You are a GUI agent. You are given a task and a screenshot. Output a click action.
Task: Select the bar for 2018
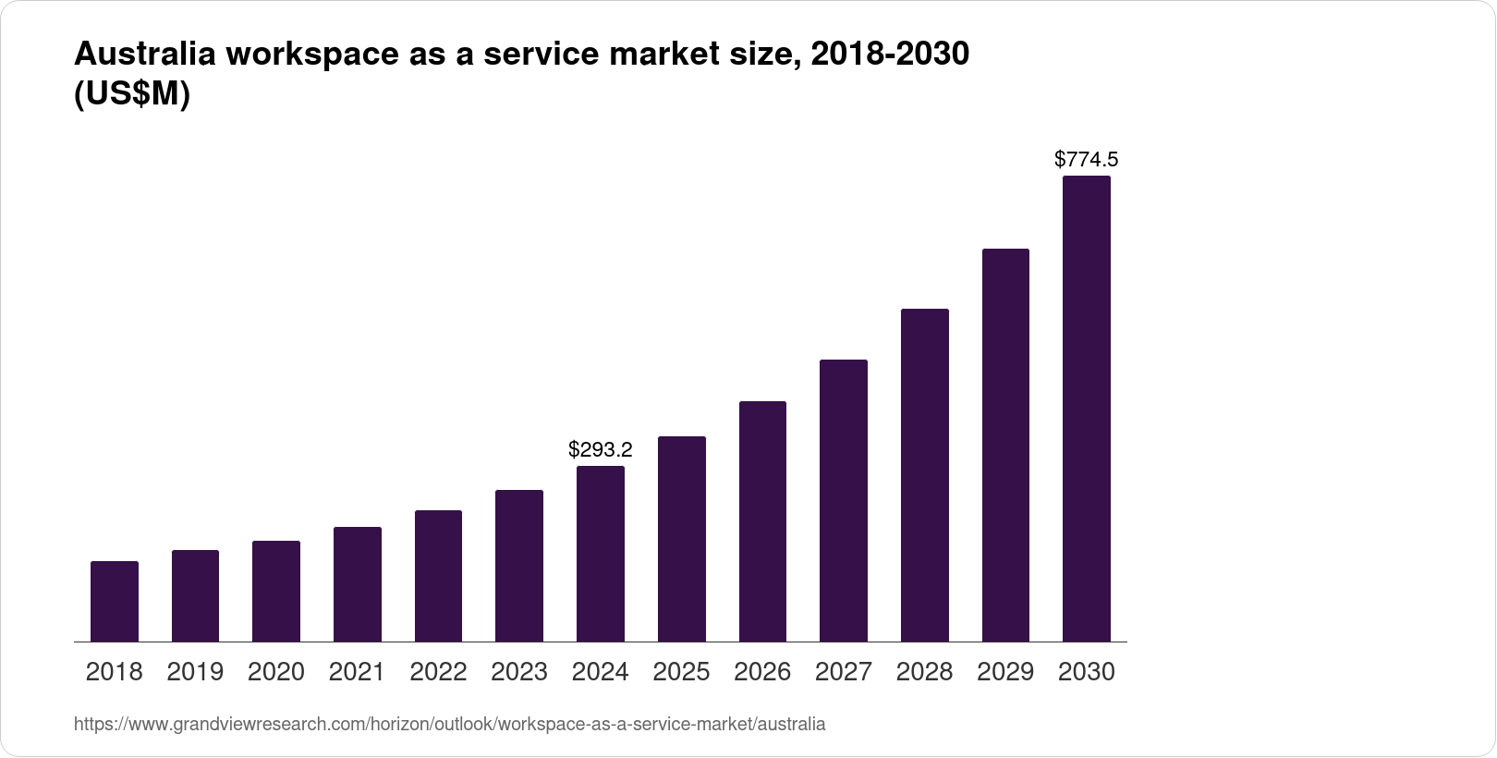pyautogui.click(x=115, y=601)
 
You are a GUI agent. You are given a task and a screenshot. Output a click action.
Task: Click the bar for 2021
pyautogui.click(x=358, y=584)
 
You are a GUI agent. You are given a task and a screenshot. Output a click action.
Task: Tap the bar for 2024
pyautogui.click(x=601, y=554)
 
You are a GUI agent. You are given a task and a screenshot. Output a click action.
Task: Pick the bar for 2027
pyautogui.click(x=844, y=500)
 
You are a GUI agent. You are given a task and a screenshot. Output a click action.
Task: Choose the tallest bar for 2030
pyautogui.click(x=1087, y=409)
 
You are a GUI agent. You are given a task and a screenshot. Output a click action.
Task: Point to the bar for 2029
pyautogui.click(x=1005, y=445)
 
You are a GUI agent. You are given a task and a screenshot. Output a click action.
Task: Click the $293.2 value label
pyautogui.click(x=601, y=450)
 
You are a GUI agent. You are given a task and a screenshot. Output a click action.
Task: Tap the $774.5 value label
pyautogui.click(x=1087, y=160)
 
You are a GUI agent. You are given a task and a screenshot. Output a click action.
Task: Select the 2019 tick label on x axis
pyautogui.click(x=195, y=672)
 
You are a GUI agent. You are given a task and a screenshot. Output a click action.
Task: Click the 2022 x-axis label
pyautogui.click(x=438, y=672)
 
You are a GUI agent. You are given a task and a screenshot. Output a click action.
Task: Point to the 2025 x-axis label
pyautogui.click(x=681, y=672)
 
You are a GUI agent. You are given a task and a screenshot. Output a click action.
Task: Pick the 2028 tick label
pyautogui.click(x=924, y=672)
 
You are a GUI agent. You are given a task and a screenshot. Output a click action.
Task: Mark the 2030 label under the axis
pyautogui.click(x=1087, y=672)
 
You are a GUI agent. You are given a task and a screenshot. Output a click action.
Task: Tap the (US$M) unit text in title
pyautogui.click(x=131, y=94)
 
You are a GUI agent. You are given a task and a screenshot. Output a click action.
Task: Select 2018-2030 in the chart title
pyautogui.click(x=889, y=55)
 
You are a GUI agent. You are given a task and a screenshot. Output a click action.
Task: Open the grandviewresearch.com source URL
pyautogui.click(x=449, y=725)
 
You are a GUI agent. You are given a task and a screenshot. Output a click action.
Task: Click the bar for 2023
pyautogui.click(x=519, y=566)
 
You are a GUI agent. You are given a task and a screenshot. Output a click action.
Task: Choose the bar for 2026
pyautogui.click(x=762, y=521)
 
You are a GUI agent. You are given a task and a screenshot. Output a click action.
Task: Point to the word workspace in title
pyautogui.click(x=312, y=55)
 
